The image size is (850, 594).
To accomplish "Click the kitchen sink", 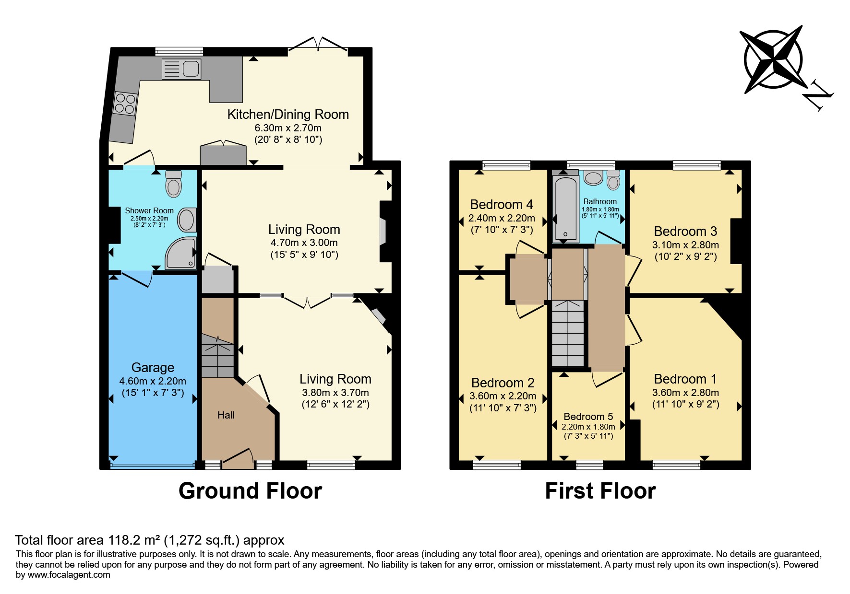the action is (181, 69).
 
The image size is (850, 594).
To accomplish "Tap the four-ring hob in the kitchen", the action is (125, 104).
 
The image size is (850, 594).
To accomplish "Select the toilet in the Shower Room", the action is (173, 184).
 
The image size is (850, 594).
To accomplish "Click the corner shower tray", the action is (181, 253).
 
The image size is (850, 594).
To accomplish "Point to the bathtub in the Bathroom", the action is (565, 208).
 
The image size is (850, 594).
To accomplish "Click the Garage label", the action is (153, 367).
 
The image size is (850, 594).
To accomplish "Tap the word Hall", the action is (226, 415).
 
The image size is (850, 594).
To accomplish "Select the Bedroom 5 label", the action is (588, 416).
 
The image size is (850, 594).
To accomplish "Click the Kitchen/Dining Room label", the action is (288, 115).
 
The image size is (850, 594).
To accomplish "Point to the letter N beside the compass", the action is (818, 96).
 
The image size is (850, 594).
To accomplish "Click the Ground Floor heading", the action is (250, 491).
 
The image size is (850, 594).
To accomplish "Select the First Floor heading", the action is (600, 491).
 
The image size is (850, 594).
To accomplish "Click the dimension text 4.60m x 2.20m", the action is (153, 381).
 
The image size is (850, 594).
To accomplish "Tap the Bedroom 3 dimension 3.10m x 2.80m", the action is (685, 245).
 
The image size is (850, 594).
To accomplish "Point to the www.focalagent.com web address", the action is (69, 575).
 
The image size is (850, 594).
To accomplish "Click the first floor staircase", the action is (568, 334).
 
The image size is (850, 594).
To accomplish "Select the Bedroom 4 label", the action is (502, 205).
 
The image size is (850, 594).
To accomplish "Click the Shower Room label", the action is (149, 210).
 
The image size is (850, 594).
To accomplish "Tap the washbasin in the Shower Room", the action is (187, 220).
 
